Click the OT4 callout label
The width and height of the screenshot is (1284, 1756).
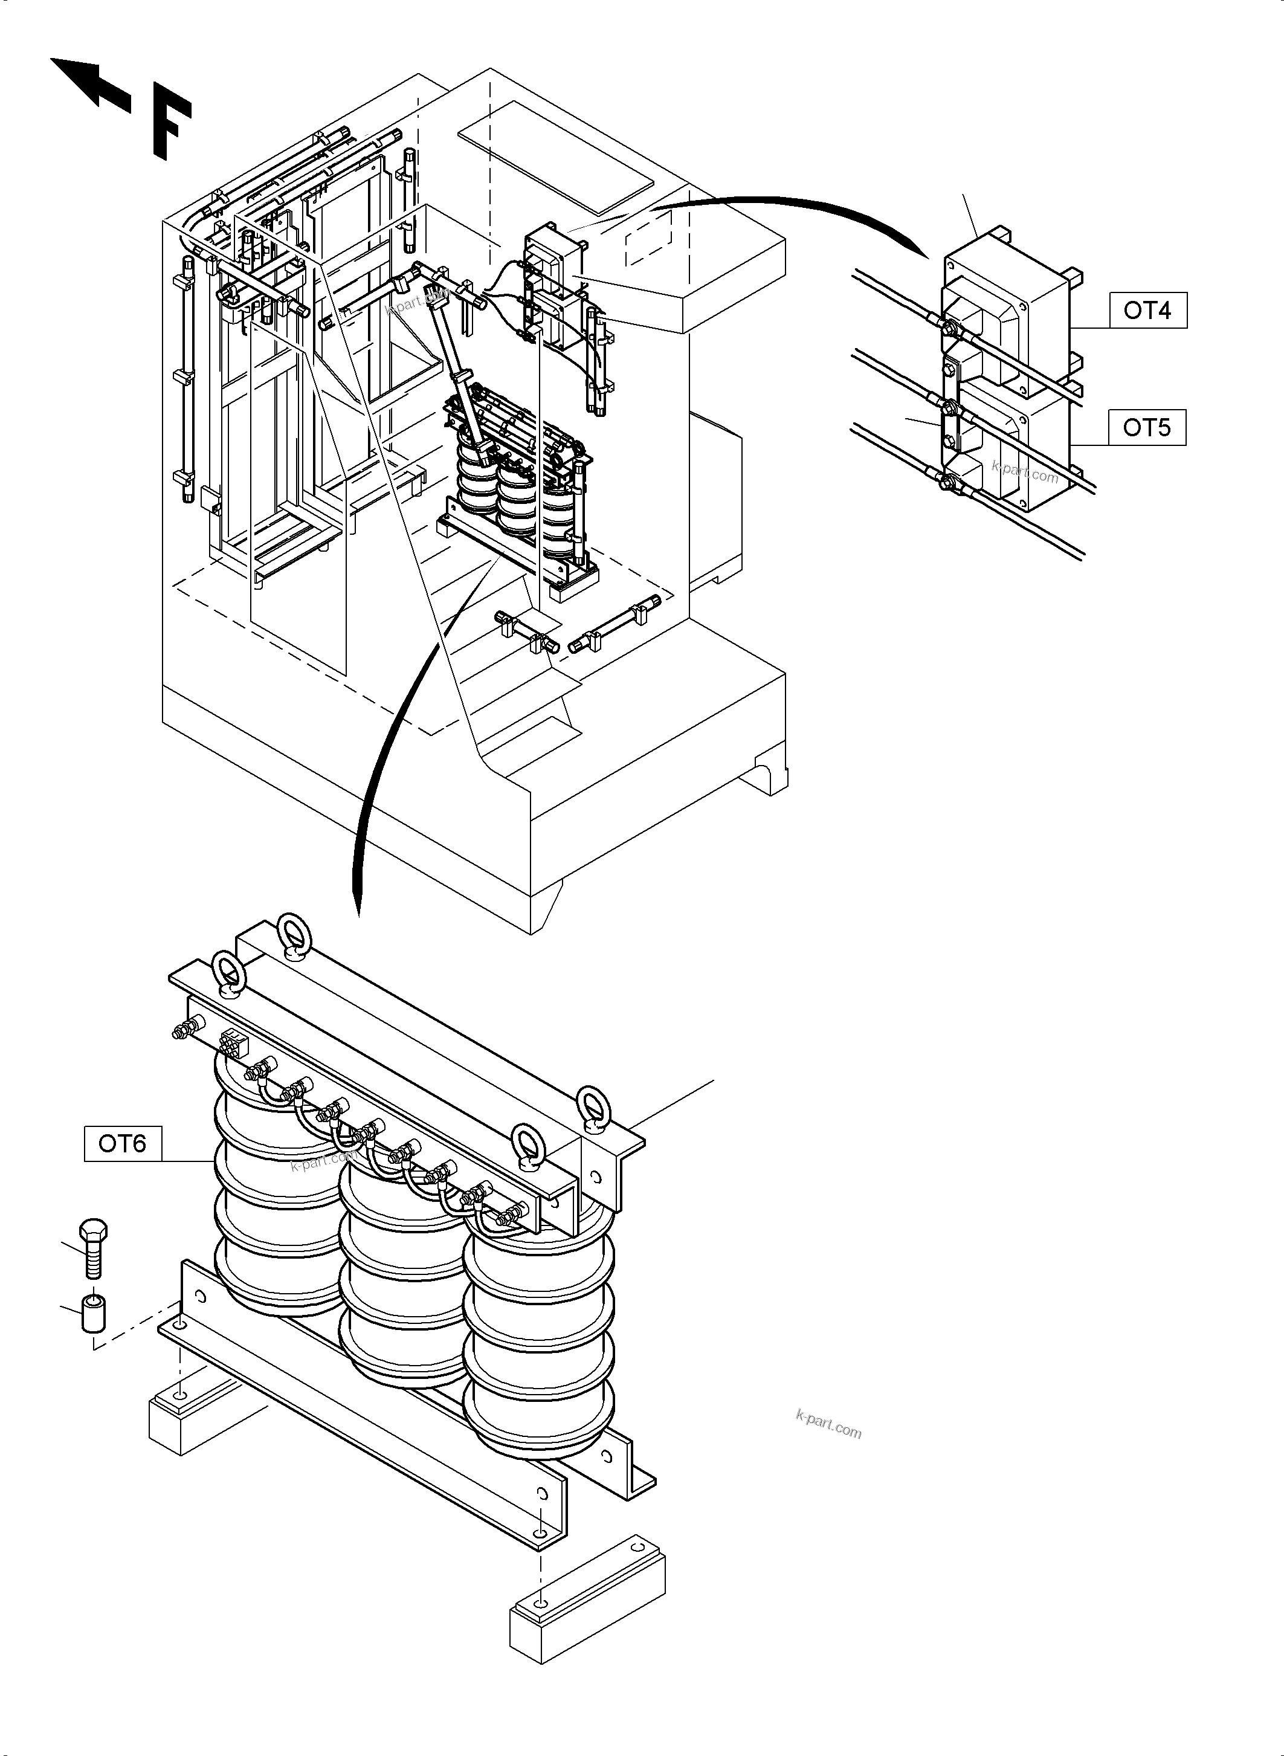pos(1147,311)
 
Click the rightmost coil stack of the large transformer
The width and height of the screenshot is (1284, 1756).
pos(540,1352)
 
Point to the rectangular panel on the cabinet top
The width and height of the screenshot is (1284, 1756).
pos(556,158)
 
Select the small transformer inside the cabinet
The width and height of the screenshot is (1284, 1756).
pos(517,489)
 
